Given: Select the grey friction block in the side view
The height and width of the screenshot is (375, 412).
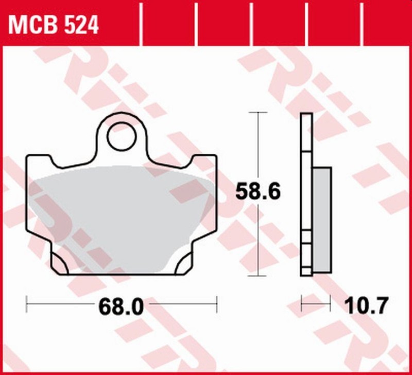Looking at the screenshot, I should pyautogui.click(x=322, y=219).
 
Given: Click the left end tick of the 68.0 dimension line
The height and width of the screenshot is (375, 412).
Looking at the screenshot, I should pyautogui.click(x=27, y=303).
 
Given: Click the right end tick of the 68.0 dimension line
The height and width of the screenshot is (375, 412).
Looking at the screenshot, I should pyautogui.click(x=217, y=303).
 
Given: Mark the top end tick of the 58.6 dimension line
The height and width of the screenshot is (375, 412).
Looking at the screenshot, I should pyautogui.click(x=257, y=112).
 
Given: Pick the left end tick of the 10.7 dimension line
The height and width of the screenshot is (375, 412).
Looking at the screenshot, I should pyautogui.click(x=301, y=303).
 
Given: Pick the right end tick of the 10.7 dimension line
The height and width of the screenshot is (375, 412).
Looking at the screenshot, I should pyautogui.click(x=330, y=303).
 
